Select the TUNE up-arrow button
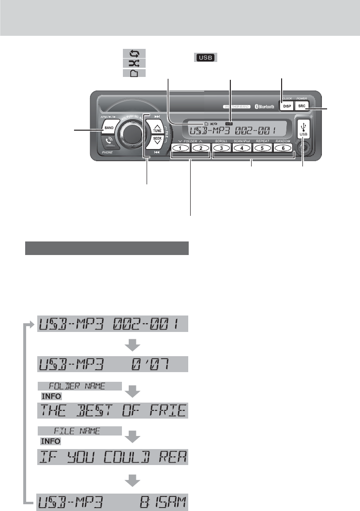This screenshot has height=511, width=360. point(157,128)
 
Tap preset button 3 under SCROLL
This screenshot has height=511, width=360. point(221,148)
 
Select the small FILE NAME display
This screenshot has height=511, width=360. point(79,430)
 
